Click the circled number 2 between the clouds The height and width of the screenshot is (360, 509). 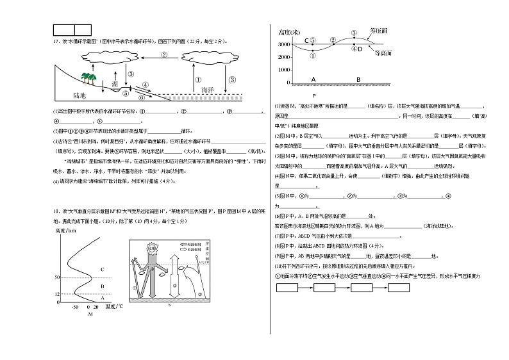click(x=163, y=54)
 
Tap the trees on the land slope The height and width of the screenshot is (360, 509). click(x=88, y=79)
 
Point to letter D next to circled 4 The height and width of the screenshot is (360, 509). click(x=360, y=49)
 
